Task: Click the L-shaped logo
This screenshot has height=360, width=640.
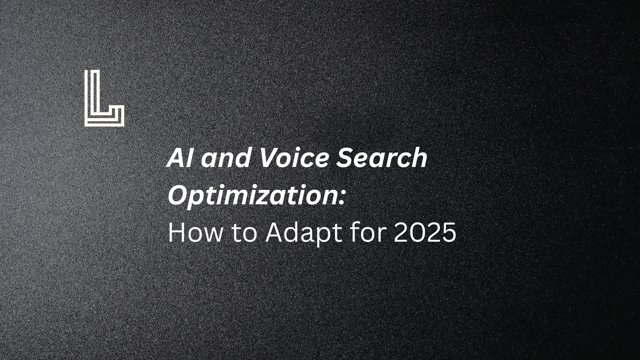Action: (x=104, y=98)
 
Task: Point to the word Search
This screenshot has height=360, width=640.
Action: (x=382, y=158)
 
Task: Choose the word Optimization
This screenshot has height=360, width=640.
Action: (x=251, y=196)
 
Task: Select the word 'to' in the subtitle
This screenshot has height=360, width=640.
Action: (x=244, y=233)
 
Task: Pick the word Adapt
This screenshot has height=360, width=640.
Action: (x=303, y=233)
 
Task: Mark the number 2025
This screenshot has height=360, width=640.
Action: (x=425, y=233)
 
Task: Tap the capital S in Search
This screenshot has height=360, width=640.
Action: (x=345, y=158)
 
